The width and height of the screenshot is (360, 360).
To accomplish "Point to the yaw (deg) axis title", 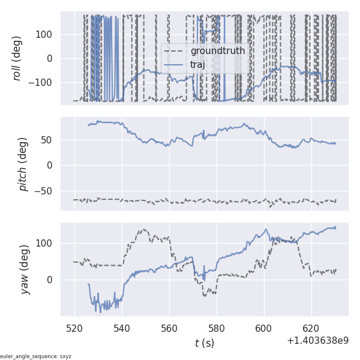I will coord(25,269).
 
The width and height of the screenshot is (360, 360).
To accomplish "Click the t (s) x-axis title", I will coord(204,343).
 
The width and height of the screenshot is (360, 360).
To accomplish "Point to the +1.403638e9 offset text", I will coord(318,340).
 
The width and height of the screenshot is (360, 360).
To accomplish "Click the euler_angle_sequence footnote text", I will coord(36,356).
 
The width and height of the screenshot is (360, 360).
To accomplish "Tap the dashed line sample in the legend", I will coord(175,51).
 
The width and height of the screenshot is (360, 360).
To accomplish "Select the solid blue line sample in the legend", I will coord(175,64).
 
